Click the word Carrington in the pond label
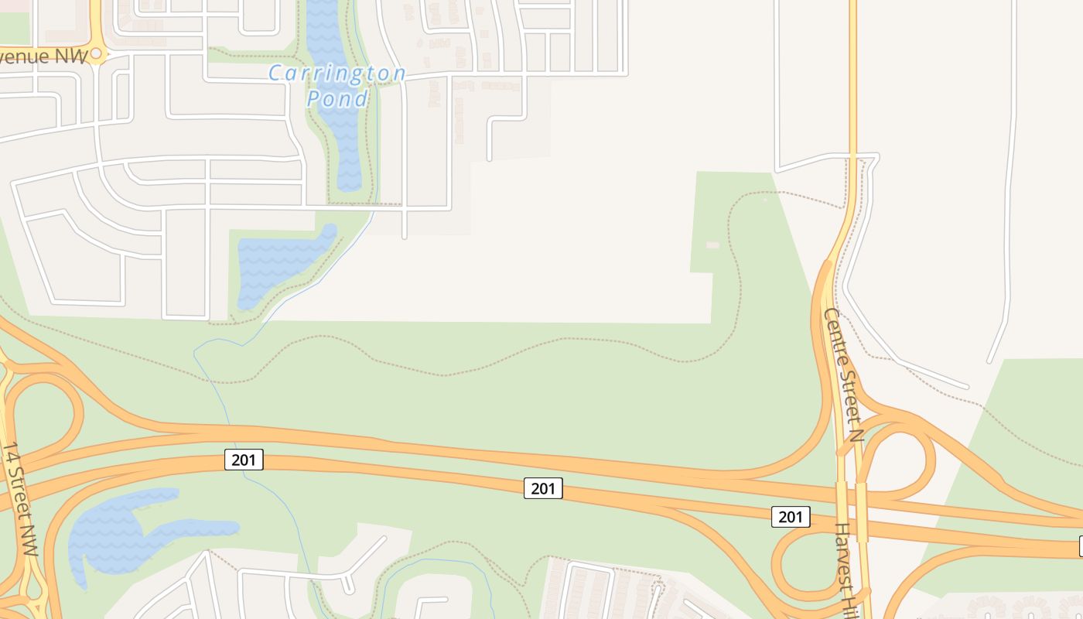tap(337, 74)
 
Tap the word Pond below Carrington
tap(337, 99)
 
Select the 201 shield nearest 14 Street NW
tap(244, 460)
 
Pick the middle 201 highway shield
tap(543, 488)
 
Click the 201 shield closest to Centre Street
tap(791, 517)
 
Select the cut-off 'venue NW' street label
tap(43, 57)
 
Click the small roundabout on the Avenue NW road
tap(97, 54)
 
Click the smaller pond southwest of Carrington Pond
tap(278, 263)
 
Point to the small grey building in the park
tap(712, 245)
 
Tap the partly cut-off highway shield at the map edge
tap(1080, 547)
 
